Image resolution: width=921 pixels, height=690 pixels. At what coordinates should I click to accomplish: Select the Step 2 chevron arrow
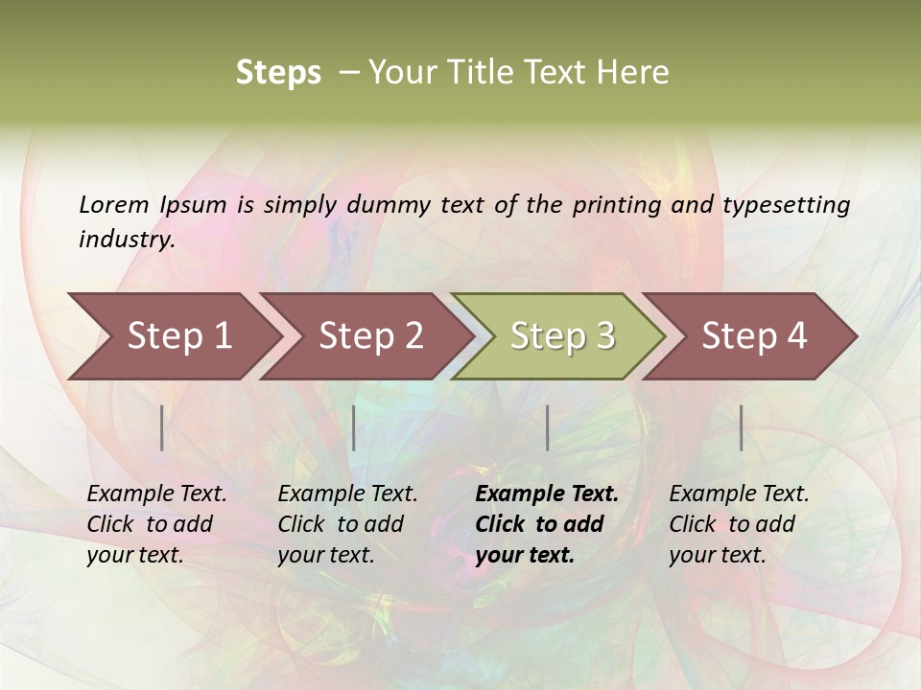click(x=370, y=335)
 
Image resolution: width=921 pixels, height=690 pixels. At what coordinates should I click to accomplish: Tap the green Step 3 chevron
click(x=562, y=335)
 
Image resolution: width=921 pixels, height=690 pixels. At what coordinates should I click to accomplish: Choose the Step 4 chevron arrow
click(x=754, y=335)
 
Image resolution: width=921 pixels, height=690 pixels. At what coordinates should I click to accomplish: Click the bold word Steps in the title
click(x=278, y=73)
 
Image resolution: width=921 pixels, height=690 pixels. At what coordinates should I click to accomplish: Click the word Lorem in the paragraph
click(x=113, y=204)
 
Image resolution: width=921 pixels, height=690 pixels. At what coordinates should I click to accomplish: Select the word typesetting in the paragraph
click(x=786, y=204)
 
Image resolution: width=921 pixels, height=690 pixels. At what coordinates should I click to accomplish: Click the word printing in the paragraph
click(x=613, y=204)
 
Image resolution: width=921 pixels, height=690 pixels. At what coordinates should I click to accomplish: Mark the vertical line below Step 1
click(x=162, y=427)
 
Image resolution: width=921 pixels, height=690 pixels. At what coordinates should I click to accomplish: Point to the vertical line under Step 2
click(x=354, y=427)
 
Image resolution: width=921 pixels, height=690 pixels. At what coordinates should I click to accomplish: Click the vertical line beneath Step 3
click(x=547, y=427)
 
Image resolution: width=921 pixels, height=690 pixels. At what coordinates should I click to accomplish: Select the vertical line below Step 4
click(x=742, y=427)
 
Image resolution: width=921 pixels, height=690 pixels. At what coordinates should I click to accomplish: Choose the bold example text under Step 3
click(x=546, y=524)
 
